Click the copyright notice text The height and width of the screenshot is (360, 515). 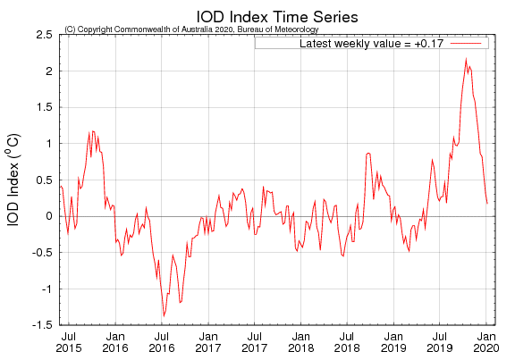[191, 29]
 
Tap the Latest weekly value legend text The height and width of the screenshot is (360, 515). [373, 43]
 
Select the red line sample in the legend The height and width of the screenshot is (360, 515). [467, 43]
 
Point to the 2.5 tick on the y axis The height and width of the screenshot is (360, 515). [42, 34]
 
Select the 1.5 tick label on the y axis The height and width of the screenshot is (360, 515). [42, 107]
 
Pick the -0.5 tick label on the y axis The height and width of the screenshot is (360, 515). [40, 253]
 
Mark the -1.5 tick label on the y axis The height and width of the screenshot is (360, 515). [40, 325]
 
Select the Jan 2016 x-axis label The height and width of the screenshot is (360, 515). [114, 342]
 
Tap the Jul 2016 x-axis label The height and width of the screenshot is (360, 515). [161, 342]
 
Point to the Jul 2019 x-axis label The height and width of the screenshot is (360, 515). [439, 342]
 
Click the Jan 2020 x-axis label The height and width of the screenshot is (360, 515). [485, 342]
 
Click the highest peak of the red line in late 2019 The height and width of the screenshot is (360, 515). [466, 59]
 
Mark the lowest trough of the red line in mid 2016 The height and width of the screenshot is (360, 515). [164, 315]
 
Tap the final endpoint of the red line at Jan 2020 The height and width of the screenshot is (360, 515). [487, 204]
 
